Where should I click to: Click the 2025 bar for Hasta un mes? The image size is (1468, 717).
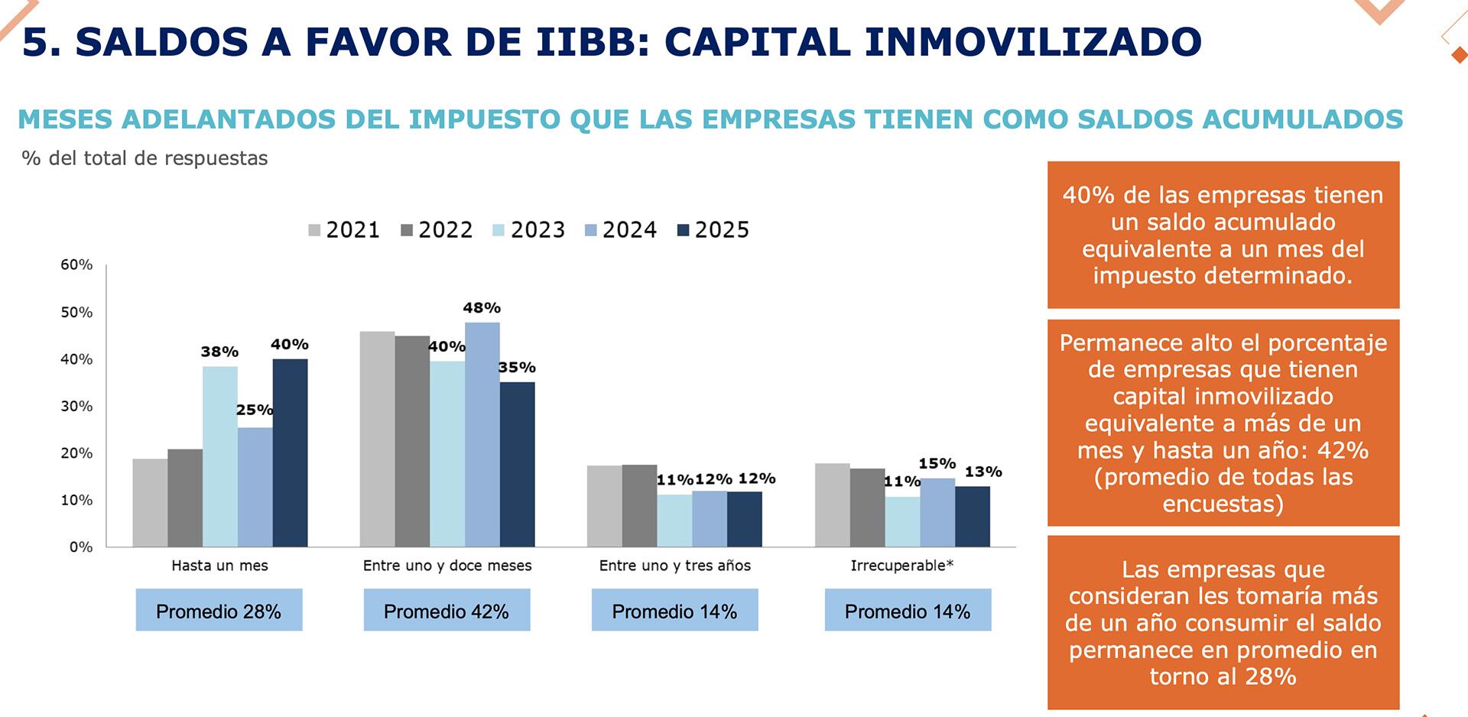290,453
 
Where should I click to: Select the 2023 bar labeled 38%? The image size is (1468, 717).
220,456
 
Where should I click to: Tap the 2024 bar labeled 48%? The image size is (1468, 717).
482,434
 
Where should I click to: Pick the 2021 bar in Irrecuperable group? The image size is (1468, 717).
833,504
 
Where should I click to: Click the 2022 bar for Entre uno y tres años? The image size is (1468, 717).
639,505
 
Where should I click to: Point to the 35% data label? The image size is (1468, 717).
517,368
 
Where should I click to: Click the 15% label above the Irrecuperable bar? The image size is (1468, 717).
937,464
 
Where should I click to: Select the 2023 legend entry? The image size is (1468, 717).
528,230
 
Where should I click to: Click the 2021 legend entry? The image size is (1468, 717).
344,230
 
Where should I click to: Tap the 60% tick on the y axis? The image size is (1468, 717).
76,265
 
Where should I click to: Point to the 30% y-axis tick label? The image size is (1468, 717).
76,407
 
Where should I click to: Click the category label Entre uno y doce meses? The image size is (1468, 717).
447,566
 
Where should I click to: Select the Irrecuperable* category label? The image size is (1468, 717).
902,566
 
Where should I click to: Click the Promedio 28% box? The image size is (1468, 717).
219,611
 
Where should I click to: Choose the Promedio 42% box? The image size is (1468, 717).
447,611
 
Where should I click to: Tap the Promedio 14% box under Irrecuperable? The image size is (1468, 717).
908,611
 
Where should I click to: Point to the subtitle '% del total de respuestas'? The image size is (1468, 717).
145,158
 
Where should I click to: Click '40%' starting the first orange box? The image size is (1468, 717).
1089,196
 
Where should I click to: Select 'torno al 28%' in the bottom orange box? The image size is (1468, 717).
1223,676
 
